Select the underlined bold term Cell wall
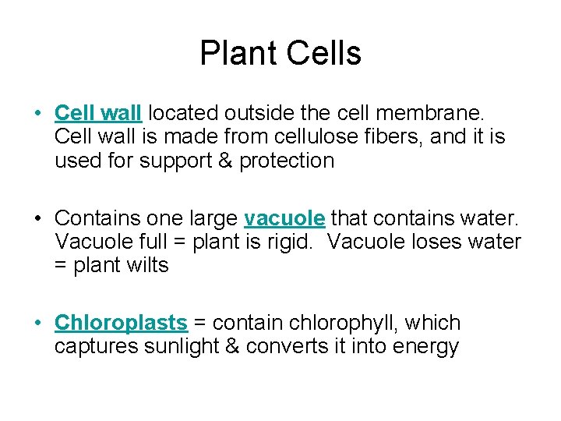[x=98, y=113]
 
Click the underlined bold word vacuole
[x=284, y=218]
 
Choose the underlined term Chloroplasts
[x=122, y=323]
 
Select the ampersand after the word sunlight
[x=232, y=347]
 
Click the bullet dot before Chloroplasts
[x=38, y=323]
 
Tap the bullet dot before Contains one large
[x=38, y=218]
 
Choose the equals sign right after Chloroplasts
[x=200, y=323]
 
